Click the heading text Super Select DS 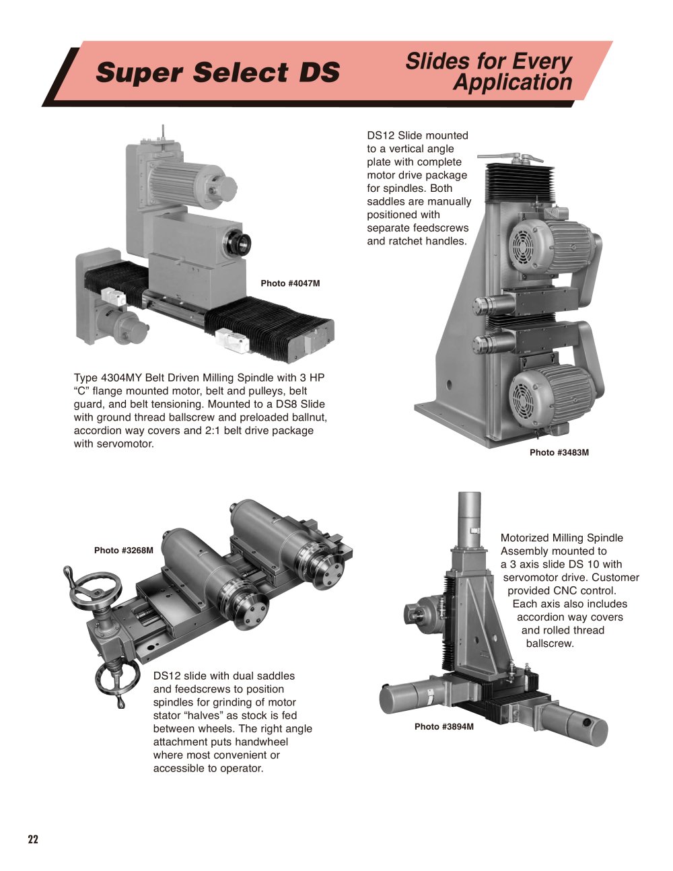217,72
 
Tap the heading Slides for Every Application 489,72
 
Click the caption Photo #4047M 291,283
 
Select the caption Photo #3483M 559,452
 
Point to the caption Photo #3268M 124,551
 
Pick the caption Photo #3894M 444,727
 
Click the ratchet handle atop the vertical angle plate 509,156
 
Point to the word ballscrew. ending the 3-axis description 550,643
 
